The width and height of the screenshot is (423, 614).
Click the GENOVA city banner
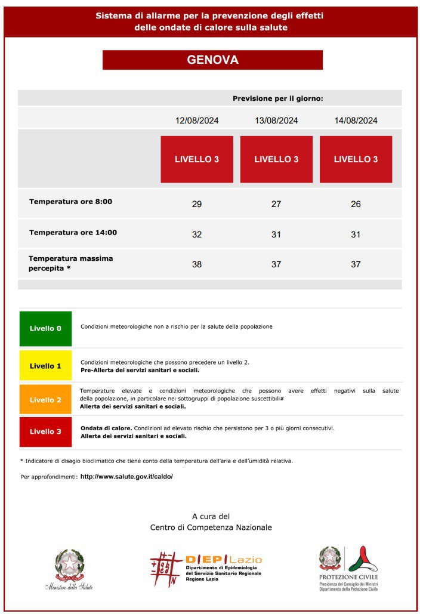pos(212,60)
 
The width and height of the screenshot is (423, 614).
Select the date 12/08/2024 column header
pos(197,121)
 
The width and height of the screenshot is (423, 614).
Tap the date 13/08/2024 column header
pos(276,121)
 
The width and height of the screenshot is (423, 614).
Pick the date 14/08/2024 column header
pos(356,121)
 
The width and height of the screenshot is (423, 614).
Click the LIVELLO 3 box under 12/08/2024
pos(197,159)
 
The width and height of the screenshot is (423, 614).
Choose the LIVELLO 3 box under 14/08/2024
pos(356,159)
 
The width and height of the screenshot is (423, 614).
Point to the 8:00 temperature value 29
pos(197,204)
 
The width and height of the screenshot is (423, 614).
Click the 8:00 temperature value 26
pos(356,204)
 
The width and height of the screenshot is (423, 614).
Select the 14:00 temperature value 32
pos(197,235)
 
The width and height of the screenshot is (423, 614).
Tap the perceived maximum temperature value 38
pos(197,264)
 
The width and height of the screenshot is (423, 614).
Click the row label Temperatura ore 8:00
pos(70,202)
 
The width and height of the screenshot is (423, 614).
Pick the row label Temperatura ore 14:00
pos(73,233)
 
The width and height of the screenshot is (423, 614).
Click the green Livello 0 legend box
pos(45,328)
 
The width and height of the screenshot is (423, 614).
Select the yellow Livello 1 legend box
pos(45,366)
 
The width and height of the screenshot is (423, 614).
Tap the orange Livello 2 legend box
pos(45,400)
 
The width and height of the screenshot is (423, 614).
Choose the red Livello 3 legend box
pos(45,431)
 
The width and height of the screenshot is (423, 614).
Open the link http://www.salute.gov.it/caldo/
pos(126,477)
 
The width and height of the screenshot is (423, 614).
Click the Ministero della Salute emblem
pos(70,569)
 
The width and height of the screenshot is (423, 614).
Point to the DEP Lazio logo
pos(206,567)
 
